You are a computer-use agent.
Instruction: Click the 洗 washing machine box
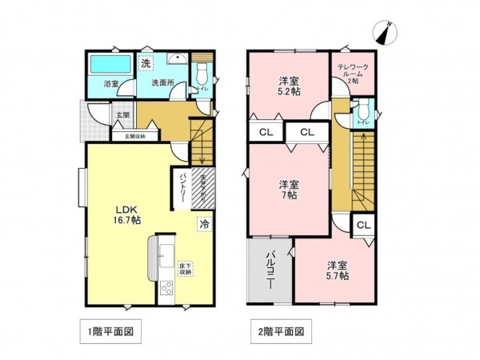tap(146, 63)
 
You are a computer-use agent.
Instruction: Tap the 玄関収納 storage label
tap(134, 136)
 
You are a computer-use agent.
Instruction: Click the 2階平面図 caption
tap(281, 330)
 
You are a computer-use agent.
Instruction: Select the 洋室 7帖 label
tap(289, 188)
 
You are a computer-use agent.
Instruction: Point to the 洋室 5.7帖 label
tap(336, 270)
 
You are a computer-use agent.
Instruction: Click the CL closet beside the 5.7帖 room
tap(362, 226)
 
